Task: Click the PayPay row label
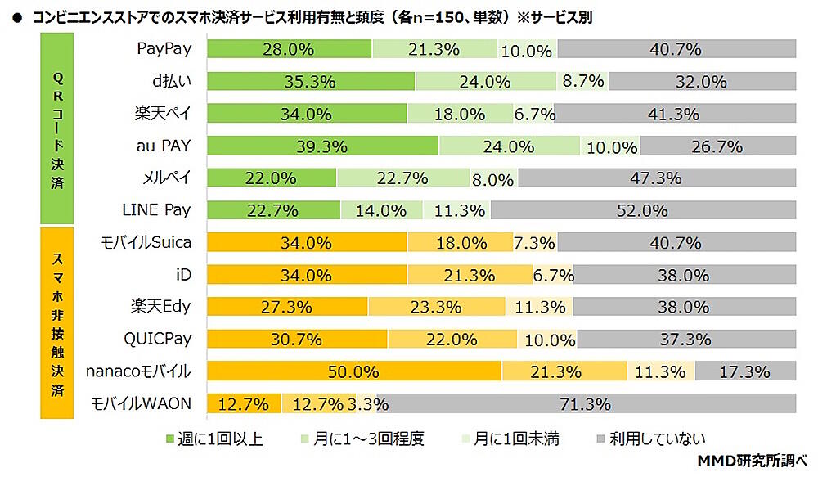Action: click(x=163, y=48)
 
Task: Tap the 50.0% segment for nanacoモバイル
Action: click(x=354, y=371)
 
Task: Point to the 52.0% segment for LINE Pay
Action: click(x=642, y=210)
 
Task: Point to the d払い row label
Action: click(x=169, y=81)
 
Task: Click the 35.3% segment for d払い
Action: click(x=311, y=81)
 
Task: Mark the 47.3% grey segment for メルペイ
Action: click(x=657, y=178)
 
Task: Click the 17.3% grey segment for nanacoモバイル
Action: click(x=744, y=371)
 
